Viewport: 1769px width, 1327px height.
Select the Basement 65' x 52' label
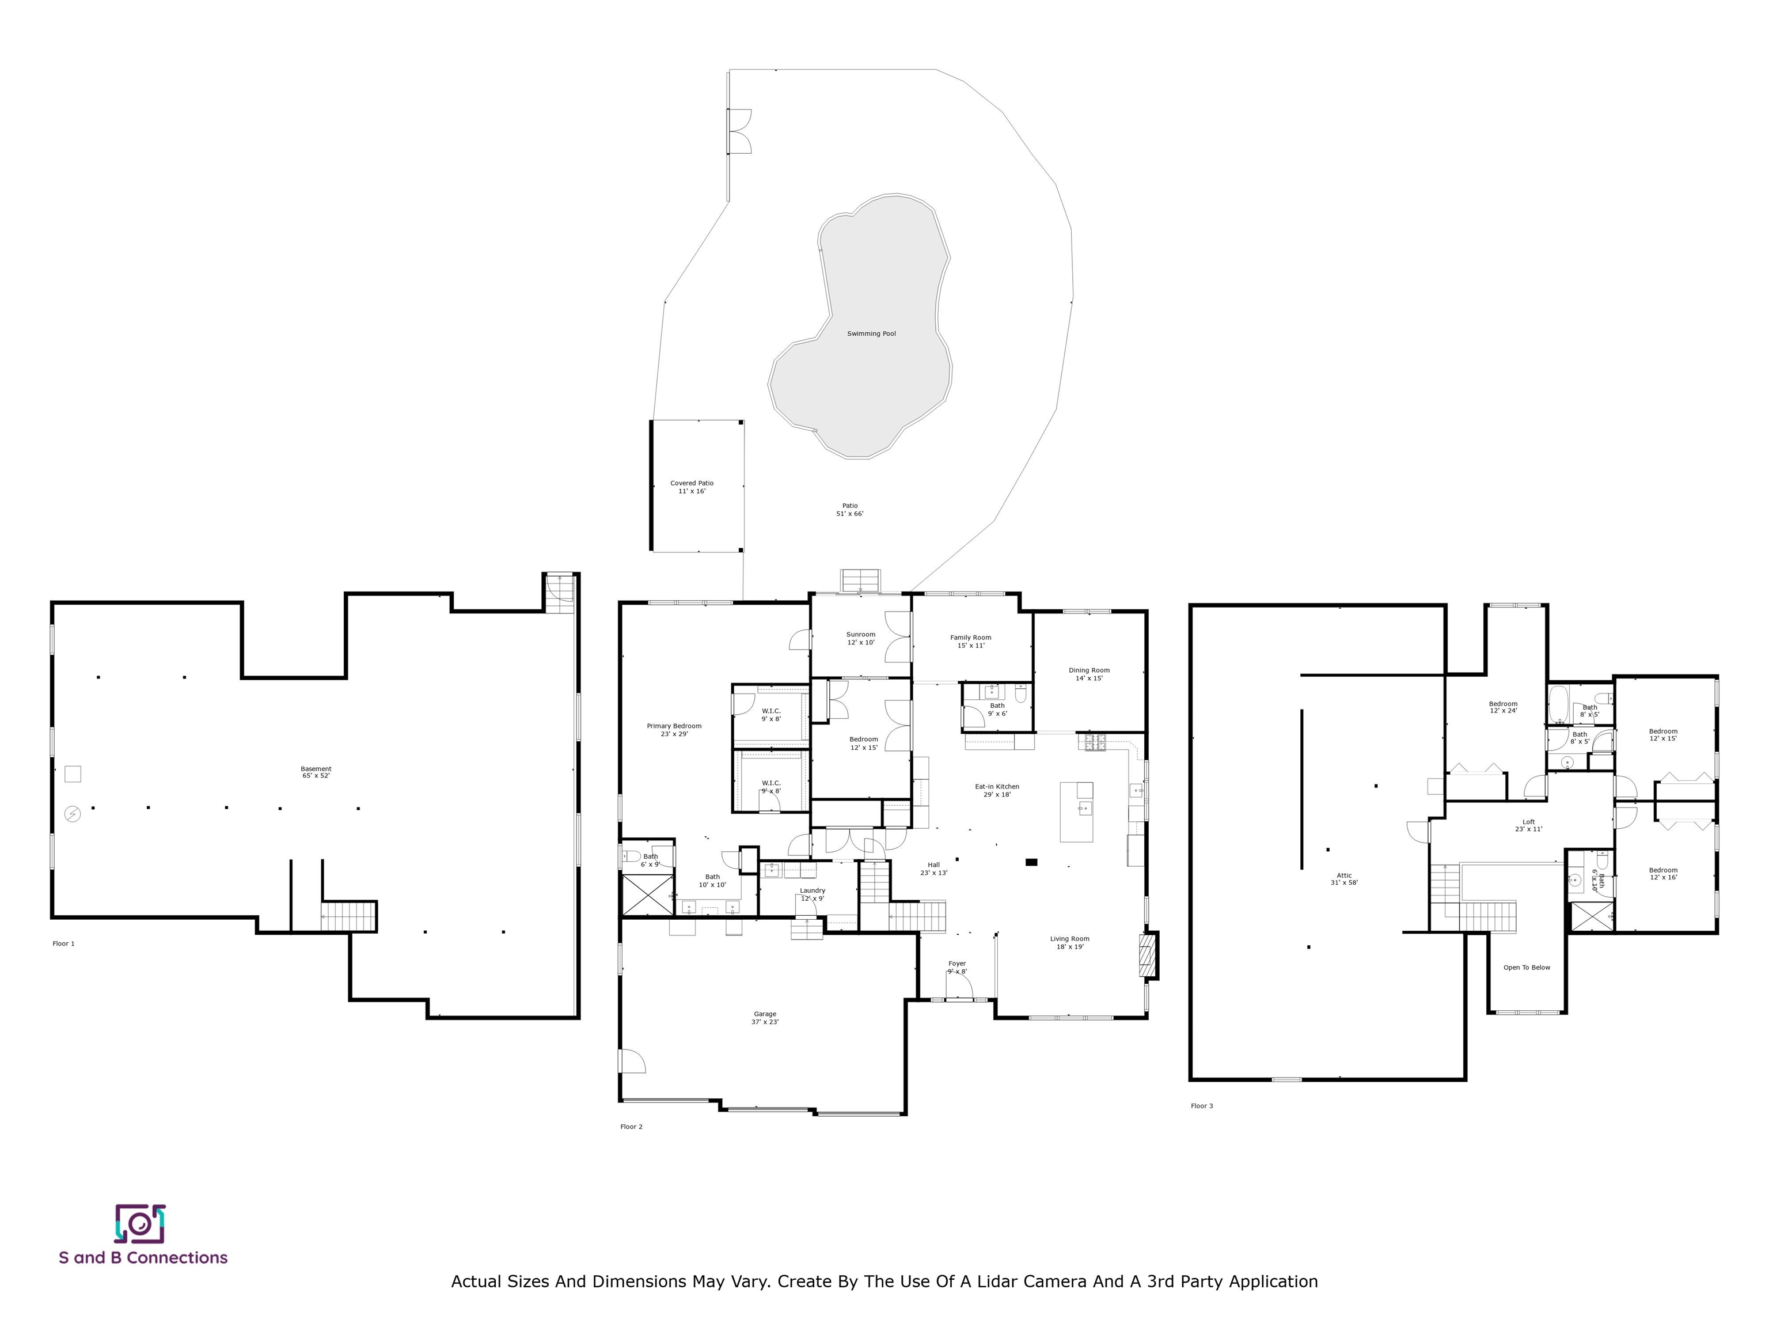pos(316,772)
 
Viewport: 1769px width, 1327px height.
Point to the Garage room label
pos(765,1018)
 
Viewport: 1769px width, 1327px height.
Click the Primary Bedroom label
pos(674,730)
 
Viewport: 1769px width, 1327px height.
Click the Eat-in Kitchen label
pos(997,790)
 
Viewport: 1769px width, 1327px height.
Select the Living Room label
pos(1070,943)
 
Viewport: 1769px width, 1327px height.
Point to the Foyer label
pos(957,968)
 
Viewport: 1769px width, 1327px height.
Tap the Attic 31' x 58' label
pos(1345,879)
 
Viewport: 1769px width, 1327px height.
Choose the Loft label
pos(1528,825)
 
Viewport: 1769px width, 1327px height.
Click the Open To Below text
pos(1527,968)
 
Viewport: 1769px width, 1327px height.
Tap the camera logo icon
pos(140,1224)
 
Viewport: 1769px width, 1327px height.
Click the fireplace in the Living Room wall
pos(1148,955)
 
